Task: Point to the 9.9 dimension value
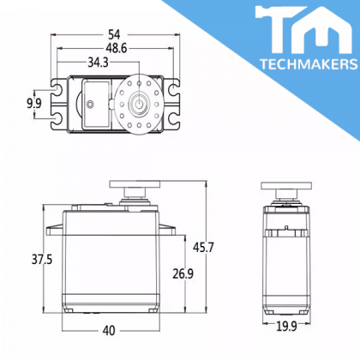tap(34, 103)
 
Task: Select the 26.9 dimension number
tap(183, 273)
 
